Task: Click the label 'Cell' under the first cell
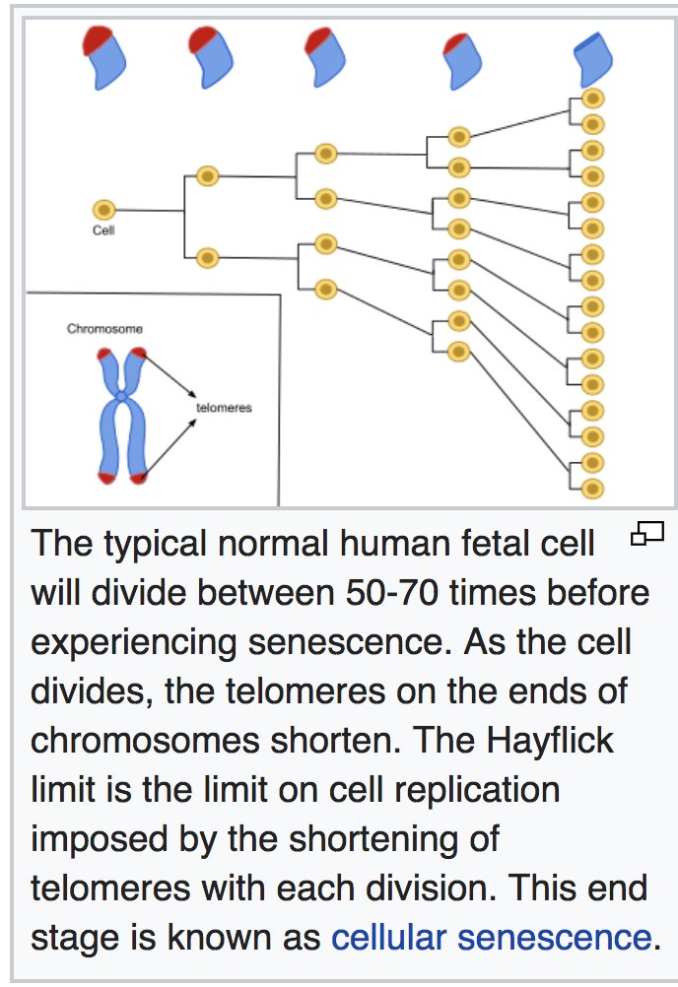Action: (103, 230)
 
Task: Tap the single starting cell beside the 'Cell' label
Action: (103, 210)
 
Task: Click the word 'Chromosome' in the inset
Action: (104, 329)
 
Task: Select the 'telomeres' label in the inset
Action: (224, 408)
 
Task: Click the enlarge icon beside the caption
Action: (647, 535)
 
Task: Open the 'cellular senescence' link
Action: (491, 937)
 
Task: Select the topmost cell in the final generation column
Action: (592, 99)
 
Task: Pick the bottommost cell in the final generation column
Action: (592, 488)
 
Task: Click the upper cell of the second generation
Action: (207, 176)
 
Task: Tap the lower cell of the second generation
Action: (207, 258)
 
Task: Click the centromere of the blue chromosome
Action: (121, 396)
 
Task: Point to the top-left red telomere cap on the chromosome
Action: (104, 353)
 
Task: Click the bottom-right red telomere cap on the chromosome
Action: (139, 478)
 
